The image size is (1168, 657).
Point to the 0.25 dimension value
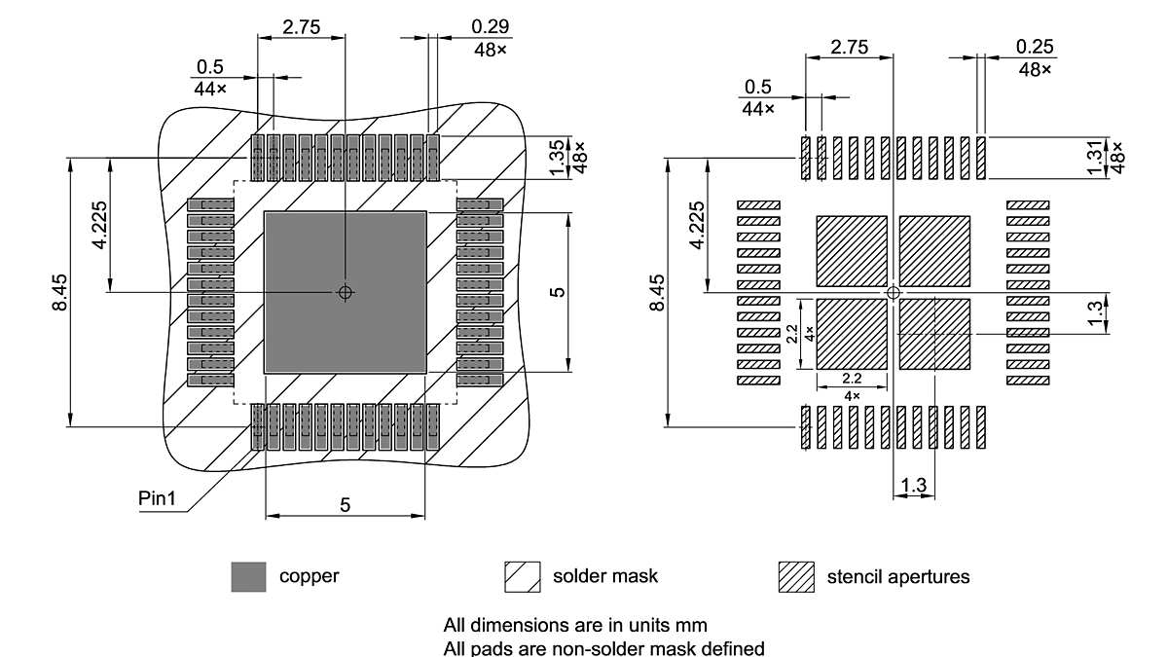[x=1035, y=48]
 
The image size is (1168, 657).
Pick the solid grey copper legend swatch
[x=248, y=576]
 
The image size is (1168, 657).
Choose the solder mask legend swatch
[x=522, y=576]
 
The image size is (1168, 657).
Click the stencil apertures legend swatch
[x=796, y=576]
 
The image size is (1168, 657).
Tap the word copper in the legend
[x=310, y=576]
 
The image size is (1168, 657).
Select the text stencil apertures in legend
[x=897, y=576]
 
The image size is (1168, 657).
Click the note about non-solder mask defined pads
[x=603, y=647]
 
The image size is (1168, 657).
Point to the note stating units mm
[x=574, y=624]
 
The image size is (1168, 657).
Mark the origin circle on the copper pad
[x=346, y=292]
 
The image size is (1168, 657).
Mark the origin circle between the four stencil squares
[x=894, y=292]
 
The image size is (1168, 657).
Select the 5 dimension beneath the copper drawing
[x=346, y=504]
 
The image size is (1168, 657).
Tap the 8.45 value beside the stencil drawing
[x=657, y=292]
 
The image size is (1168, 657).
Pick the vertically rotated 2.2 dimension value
[x=792, y=334]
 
